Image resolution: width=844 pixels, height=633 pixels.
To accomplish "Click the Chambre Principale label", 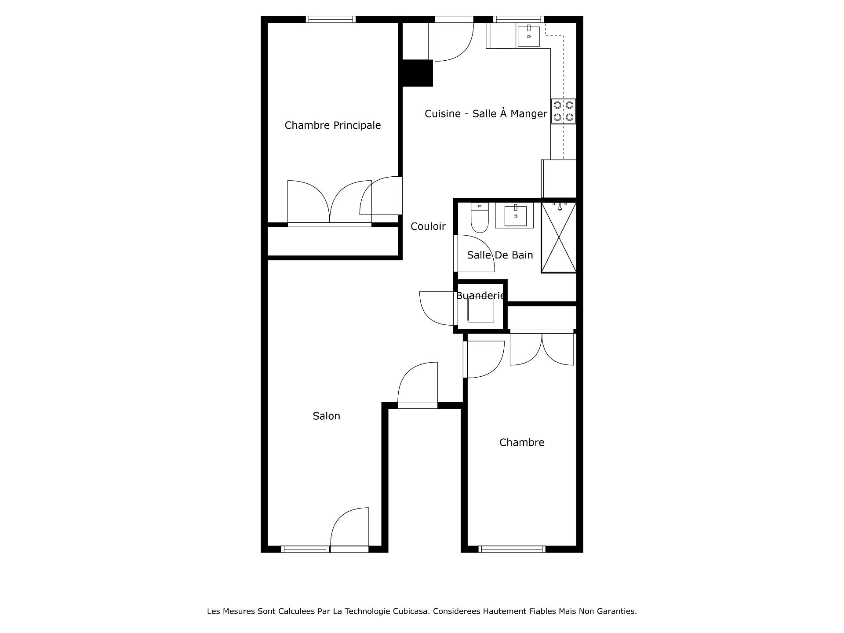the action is [x=333, y=125].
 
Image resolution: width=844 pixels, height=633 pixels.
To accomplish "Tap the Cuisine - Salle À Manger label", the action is [x=486, y=113].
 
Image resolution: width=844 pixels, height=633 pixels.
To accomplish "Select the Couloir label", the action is [x=428, y=226].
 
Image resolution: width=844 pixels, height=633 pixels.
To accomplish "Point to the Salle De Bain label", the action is [x=500, y=255].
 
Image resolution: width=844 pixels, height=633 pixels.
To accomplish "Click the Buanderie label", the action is [x=480, y=295].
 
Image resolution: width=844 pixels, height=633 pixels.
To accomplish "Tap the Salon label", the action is [x=327, y=416].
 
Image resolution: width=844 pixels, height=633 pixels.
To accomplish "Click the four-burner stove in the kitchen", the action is [x=564, y=111].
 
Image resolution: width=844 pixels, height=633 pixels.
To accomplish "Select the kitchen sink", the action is [x=528, y=36].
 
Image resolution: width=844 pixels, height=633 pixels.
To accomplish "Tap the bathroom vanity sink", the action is [x=515, y=215].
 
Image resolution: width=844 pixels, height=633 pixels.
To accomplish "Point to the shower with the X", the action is [x=559, y=237].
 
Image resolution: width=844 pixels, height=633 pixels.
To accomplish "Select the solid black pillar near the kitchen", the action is [x=418, y=73].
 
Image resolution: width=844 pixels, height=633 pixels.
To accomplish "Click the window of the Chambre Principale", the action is [x=331, y=19].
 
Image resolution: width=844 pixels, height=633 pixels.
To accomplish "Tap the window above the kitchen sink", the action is [x=518, y=19].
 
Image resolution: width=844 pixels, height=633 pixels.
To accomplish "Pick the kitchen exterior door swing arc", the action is [x=461, y=51].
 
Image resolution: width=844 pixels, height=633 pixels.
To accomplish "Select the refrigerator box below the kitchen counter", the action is [x=559, y=179].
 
